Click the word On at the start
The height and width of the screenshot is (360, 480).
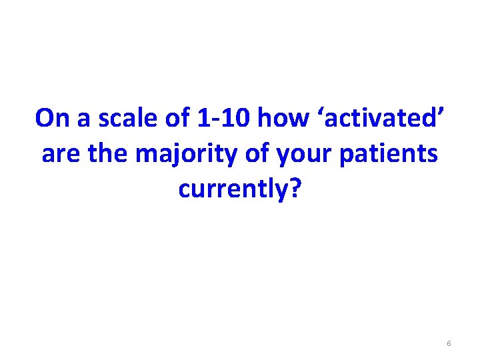51,118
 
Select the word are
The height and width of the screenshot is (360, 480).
58,154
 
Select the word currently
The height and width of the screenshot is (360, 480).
234,190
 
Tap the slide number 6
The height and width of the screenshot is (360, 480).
449,343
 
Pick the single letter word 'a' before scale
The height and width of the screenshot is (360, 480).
82,120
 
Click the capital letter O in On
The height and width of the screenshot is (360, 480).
45,118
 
